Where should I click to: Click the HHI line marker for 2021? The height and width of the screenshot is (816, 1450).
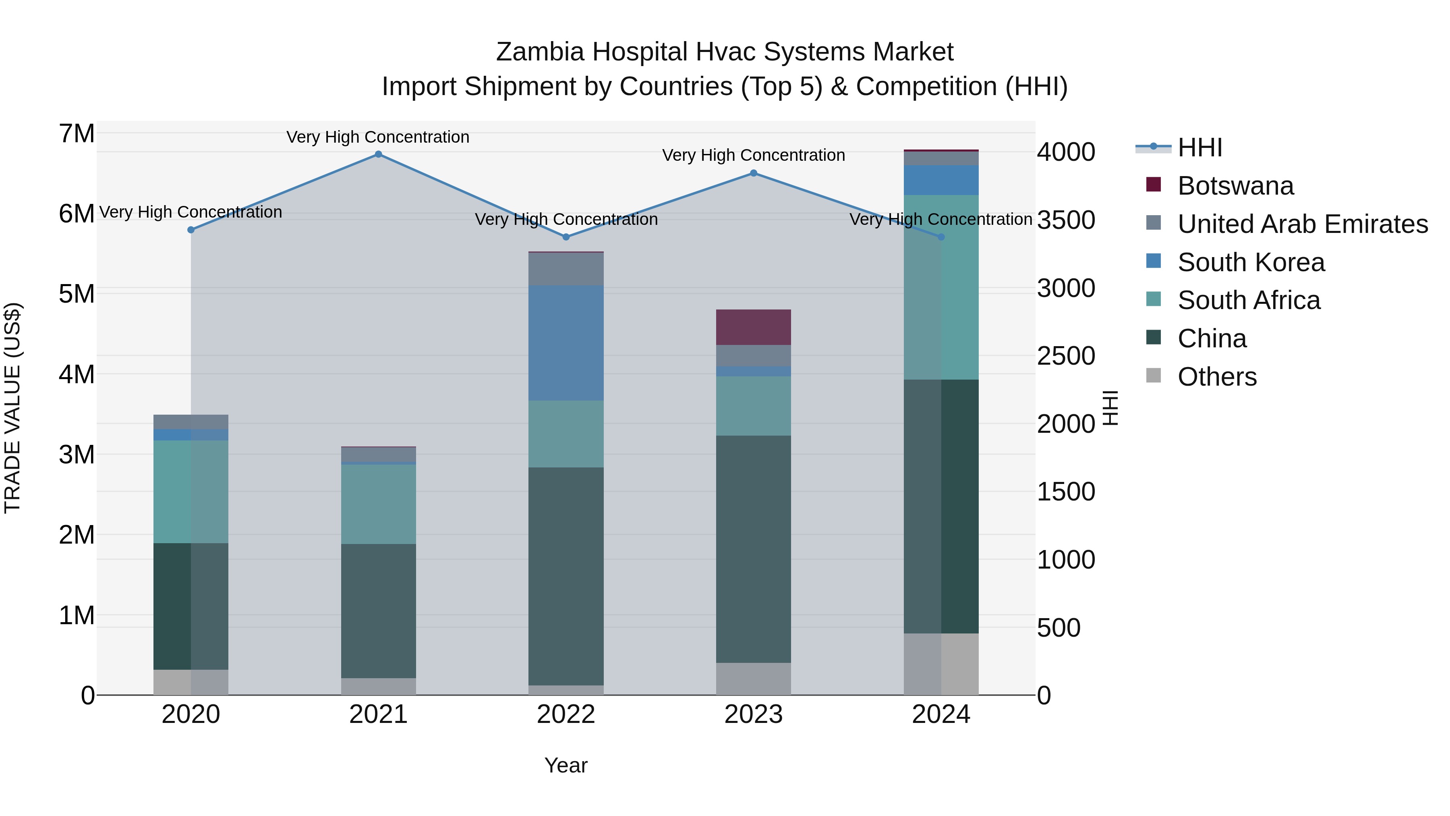378,154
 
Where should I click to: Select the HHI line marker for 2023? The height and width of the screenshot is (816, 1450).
754,173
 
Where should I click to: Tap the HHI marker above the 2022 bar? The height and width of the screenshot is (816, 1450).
566,237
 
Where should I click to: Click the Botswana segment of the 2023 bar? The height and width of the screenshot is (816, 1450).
753,327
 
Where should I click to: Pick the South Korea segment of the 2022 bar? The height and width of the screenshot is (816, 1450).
566,343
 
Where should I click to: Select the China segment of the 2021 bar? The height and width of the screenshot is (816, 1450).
378,611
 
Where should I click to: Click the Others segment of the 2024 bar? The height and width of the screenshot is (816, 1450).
941,664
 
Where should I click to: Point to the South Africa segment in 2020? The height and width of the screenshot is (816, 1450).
191,492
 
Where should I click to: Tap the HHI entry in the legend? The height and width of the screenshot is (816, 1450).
1199,147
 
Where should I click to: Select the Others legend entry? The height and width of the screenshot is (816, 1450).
1216,377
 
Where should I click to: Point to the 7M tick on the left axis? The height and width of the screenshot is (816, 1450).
77,134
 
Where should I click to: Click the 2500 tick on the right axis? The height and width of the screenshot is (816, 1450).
1065,356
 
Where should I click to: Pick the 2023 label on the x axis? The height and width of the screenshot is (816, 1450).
753,714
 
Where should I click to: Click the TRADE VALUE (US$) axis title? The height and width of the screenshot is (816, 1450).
12,408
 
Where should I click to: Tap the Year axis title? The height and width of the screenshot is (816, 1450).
566,765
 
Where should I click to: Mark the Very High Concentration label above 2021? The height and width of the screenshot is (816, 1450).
378,137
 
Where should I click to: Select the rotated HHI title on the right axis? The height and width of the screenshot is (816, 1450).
1110,408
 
